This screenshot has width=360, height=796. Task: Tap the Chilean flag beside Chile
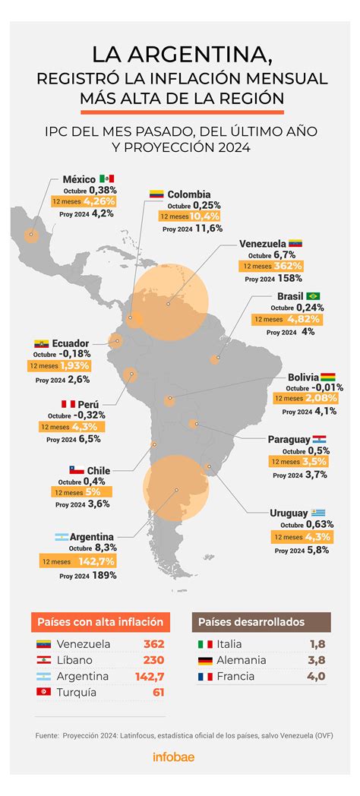(x=77, y=470)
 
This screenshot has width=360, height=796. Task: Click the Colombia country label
(x=188, y=194)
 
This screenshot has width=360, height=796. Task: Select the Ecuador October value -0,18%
(x=74, y=354)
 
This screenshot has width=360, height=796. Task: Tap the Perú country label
(x=90, y=405)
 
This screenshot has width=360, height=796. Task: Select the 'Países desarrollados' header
(x=251, y=621)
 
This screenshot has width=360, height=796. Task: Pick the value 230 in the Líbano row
(x=153, y=660)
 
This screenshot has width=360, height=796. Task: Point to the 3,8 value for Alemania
(x=317, y=660)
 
